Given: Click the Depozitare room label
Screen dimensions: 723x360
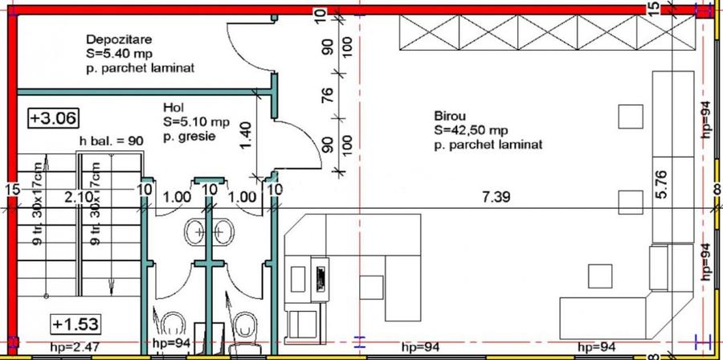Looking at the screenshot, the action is (x=119, y=39).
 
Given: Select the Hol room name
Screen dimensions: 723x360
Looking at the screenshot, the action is (x=174, y=108).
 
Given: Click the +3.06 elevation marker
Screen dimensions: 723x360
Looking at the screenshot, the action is (x=54, y=117).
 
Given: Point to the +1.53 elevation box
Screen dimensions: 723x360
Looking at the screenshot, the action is (x=76, y=324).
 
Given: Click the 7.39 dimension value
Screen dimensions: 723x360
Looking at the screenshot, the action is (x=496, y=198).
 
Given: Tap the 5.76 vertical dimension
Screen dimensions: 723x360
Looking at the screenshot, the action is (x=662, y=184).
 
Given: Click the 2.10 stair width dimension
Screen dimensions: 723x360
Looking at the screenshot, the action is (x=76, y=198).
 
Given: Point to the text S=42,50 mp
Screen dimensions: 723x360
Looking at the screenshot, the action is (x=471, y=130).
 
